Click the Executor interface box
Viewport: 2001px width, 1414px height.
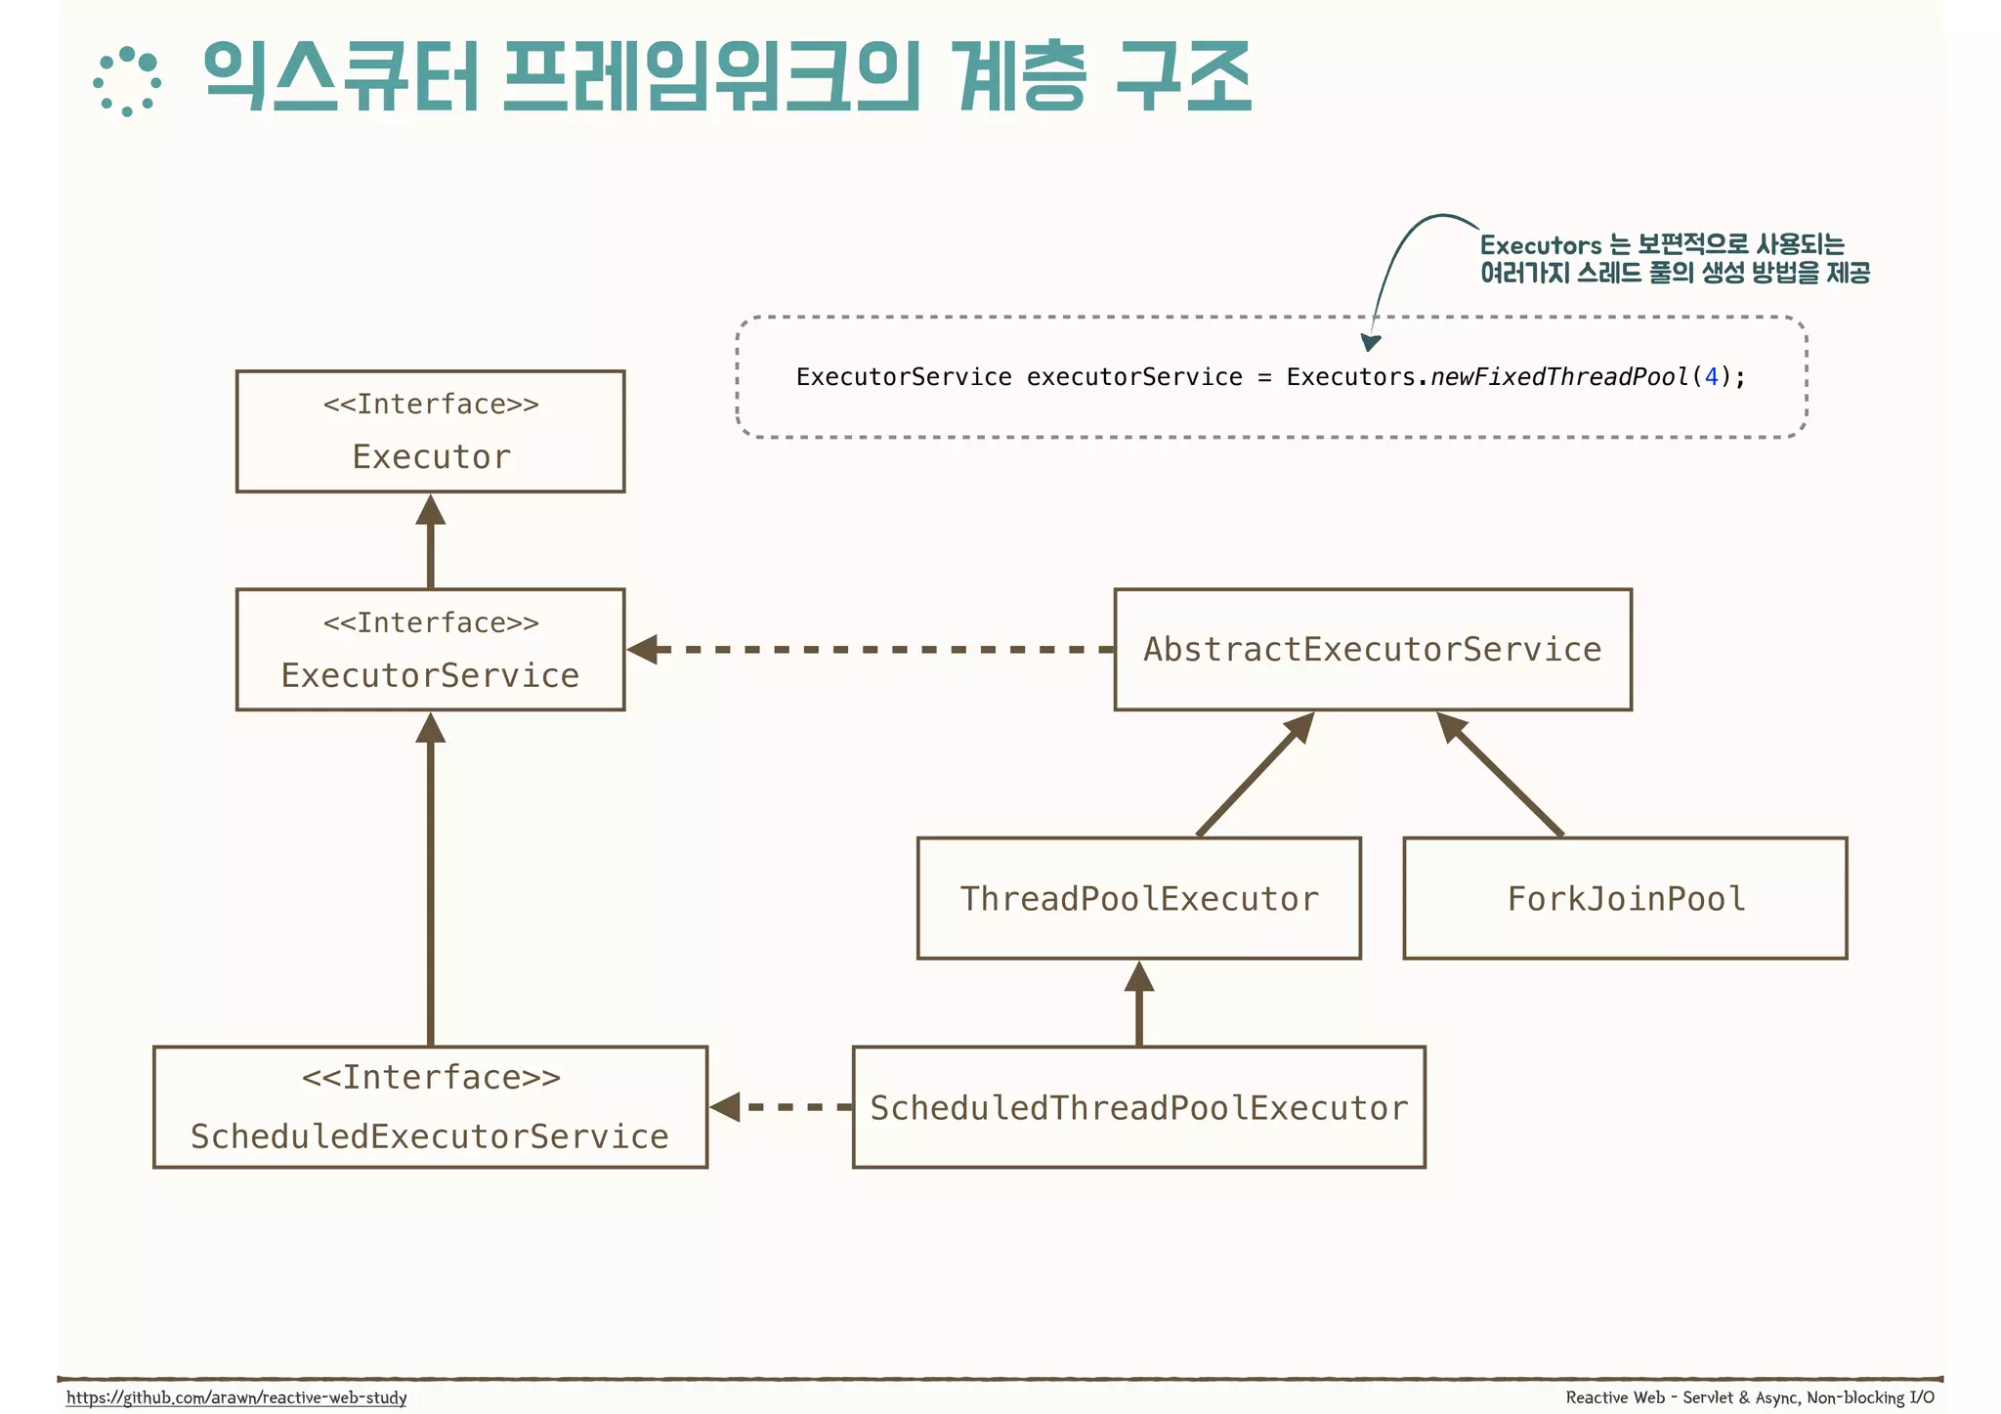tap(430, 431)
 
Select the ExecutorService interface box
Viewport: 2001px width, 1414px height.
tap(430, 649)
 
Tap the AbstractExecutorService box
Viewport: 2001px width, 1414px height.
tap(1372, 649)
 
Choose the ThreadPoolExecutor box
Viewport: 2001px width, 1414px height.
tap(1138, 898)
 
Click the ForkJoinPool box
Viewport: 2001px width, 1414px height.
tap(1624, 898)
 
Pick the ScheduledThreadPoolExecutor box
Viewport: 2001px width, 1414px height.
tap(1138, 1107)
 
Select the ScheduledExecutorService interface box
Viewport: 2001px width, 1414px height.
tap(430, 1107)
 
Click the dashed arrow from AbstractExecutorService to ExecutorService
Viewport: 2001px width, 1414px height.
tap(870, 649)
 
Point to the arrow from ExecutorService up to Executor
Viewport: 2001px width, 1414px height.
tap(430, 542)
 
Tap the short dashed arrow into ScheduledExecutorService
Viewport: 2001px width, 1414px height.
tap(782, 1107)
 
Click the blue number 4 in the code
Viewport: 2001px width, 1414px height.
tap(1711, 377)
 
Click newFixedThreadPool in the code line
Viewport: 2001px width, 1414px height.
tap(1559, 377)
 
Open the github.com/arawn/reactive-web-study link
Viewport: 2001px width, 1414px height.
tap(236, 1397)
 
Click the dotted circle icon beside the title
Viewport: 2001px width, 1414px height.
tap(127, 82)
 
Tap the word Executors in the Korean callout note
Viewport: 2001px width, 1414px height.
tap(1540, 245)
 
